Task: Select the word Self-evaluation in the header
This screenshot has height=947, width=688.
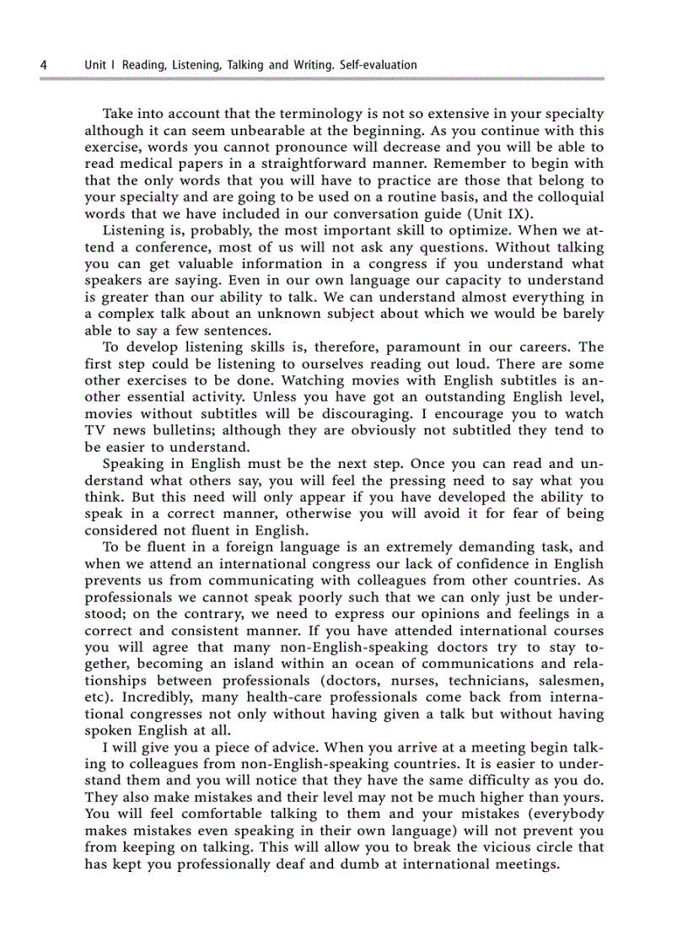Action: [377, 65]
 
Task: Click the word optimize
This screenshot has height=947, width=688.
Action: [476, 230]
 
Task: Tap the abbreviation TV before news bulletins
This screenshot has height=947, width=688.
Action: [96, 430]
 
